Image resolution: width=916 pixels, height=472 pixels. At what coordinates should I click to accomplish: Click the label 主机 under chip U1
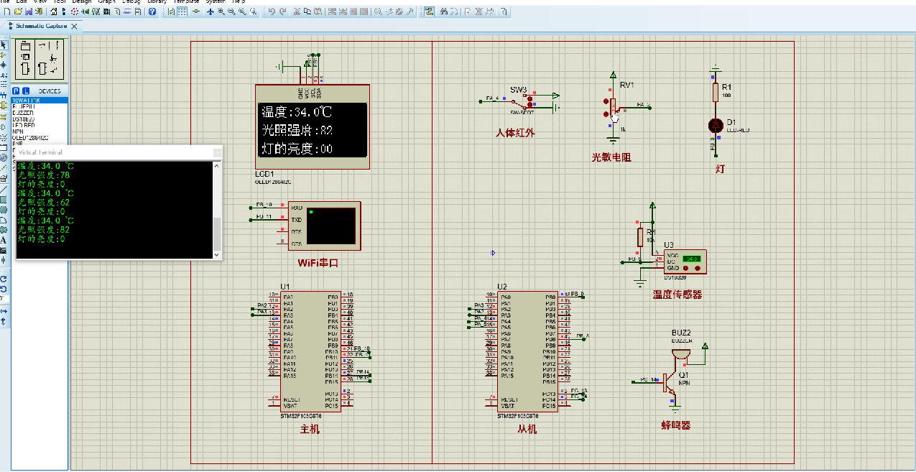310,429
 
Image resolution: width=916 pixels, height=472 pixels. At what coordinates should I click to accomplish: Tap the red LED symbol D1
715,124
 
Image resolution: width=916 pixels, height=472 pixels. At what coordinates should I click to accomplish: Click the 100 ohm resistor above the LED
716,92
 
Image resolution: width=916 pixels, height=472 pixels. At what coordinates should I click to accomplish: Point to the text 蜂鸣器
675,425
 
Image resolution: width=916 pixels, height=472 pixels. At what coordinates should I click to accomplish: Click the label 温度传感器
677,295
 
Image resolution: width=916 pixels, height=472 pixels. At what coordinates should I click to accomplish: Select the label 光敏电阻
611,157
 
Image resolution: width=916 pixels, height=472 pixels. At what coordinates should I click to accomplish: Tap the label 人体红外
515,133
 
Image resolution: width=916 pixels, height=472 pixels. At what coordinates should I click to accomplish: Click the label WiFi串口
318,263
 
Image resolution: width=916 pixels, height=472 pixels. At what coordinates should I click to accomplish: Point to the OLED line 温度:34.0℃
297,112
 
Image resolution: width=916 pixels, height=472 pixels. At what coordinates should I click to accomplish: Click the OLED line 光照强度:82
297,131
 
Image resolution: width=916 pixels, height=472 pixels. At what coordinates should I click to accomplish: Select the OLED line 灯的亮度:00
297,149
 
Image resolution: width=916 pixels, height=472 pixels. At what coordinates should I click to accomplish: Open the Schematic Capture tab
42,26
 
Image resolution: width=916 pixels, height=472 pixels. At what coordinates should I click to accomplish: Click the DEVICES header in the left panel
50,91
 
